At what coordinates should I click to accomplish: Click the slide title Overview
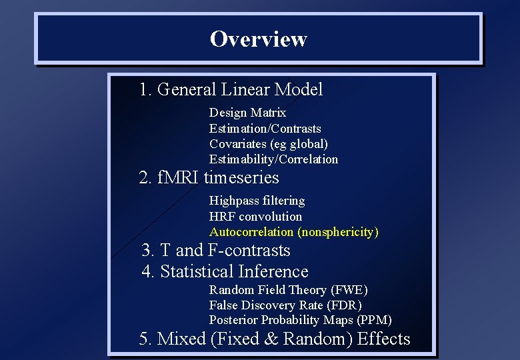click(258, 39)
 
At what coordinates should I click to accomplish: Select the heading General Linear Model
click(231, 89)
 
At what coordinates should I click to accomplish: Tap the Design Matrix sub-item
click(247, 113)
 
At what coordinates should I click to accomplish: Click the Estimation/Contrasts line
click(265, 128)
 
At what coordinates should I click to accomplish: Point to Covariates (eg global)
click(268, 143)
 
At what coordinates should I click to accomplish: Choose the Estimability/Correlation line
click(273, 159)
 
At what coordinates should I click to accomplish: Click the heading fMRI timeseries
click(209, 178)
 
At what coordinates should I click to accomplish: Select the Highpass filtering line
click(257, 201)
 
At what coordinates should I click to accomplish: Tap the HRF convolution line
click(255, 216)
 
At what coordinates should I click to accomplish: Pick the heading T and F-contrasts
click(216, 251)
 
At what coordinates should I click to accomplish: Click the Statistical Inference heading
click(225, 272)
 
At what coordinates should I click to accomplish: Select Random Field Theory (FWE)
click(288, 289)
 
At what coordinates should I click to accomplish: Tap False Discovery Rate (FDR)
click(285, 305)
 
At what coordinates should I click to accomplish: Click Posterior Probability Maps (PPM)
click(300, 320)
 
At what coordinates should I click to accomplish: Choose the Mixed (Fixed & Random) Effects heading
click(275, 339)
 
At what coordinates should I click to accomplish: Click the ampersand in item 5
click(271, 339)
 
